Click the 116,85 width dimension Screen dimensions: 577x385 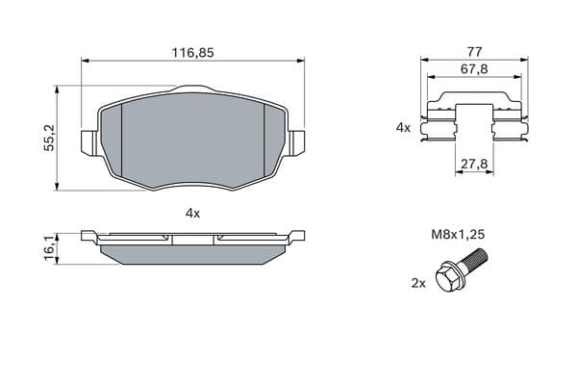pos(193,53)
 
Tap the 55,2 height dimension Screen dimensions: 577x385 pos(49,138)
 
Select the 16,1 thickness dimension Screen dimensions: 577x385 pos(49,248)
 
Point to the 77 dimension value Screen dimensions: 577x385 pos(474,52)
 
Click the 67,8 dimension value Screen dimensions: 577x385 pos(475,69)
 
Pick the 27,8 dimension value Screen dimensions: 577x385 pos(475,164)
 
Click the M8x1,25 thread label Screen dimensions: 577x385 pos(458,234)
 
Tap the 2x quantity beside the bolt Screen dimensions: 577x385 pos(418,283)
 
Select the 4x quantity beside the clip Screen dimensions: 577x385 pos(403,128)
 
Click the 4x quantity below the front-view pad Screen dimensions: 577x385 pos(193,213)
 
